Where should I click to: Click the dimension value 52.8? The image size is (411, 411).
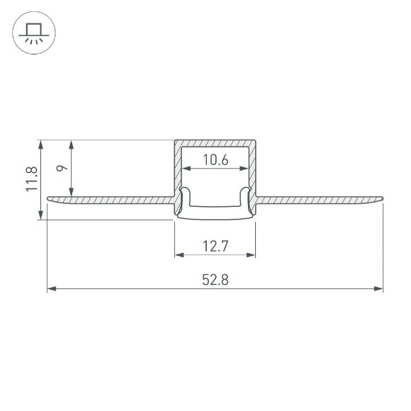click(215, 279)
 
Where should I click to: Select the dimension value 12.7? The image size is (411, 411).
click(215, 246)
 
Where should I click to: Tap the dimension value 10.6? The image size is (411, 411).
click(215, 160)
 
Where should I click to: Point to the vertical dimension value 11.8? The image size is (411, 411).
click(30, 179)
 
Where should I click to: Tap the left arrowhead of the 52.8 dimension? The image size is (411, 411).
click(51, 288)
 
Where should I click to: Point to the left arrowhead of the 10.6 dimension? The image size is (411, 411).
click(186, 169)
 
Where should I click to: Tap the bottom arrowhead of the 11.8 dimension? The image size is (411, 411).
click(43, 216)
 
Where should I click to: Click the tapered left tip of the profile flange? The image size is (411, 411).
click(50, 199)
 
